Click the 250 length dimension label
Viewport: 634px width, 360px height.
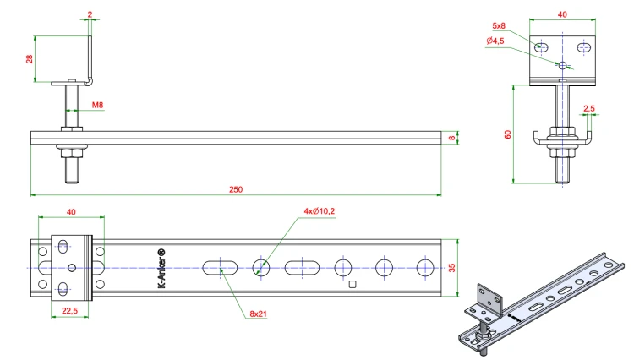point(236,189)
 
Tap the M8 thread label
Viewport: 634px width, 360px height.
point(97,105)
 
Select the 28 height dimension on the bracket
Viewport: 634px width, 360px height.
point(29,59)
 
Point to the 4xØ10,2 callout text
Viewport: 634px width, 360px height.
point(320,211)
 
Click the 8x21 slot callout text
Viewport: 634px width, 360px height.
point(258,314)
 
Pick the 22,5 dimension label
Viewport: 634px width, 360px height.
point(69,311)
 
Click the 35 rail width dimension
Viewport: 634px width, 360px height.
point(451,268)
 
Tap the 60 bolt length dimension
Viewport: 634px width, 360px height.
point(508,134)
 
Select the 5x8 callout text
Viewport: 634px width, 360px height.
point(499,26)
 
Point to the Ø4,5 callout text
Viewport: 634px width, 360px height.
point(495,41)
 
